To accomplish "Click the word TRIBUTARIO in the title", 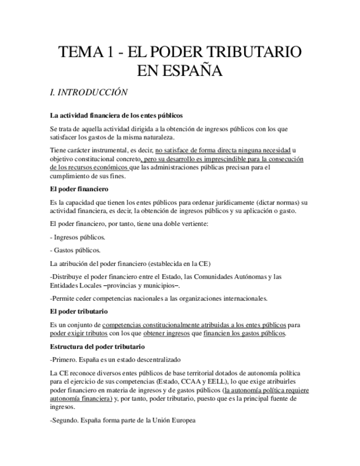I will [x=253, y=53].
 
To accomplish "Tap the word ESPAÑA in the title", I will [x=194, y=71].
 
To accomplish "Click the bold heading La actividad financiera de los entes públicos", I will [x=116, y=115].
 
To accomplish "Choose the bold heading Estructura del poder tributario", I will [x=97, y=347].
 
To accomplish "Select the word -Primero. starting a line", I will [x=65, y=360].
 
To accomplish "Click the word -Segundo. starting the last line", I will [x=65, y=420].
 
